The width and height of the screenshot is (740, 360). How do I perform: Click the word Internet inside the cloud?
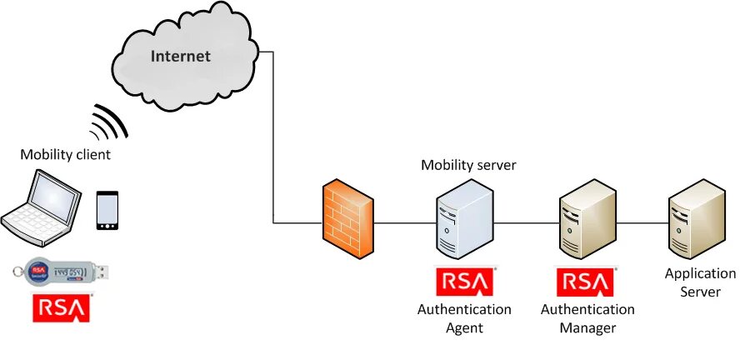[x=181, y=57]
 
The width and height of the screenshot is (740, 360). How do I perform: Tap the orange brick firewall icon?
[x=348, y=222]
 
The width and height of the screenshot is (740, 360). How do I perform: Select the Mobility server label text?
[x=468, y=165]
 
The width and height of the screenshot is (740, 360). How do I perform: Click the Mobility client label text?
[x=65, y=154]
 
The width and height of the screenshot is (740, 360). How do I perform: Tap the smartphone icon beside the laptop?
[x=107, y=210]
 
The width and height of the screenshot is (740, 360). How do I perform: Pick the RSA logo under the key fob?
[x=62, y=307]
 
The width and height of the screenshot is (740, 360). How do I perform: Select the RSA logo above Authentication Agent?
[x=464, y=282]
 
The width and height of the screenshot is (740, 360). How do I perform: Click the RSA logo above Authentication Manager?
[x=587, y=282]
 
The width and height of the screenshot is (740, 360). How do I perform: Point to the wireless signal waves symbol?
[x=110, y=122]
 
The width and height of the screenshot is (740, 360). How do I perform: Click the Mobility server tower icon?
[x=463, y=222]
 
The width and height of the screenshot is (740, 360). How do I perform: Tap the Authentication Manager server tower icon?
[x=587, y=222]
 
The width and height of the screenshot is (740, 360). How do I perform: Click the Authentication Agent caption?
[x=464, y=318]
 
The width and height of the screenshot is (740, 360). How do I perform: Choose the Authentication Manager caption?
[x=587, y=318]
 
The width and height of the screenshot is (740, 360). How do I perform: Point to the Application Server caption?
[x=700, y=282]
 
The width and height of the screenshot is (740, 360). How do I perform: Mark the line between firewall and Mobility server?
[x=406, y=223]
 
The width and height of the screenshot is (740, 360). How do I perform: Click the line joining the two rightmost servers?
[x=642, y=223]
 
